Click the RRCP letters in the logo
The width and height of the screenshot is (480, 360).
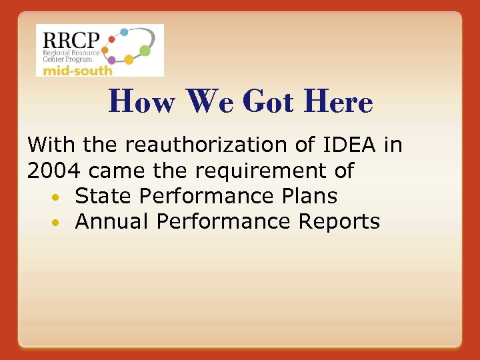pyautogui.click(x=68, y=39)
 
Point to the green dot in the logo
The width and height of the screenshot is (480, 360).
pyautogui.click(x=145, y=50)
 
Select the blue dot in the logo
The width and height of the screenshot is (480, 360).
pyautogui.click(x=124, y=31)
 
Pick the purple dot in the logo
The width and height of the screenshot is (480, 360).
pyautogui.click(x=111, y=60)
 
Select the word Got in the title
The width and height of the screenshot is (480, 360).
pyautogui.click(x=268, y=102)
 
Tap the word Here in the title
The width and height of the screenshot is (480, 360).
pyautogui.click(x=337, y=102)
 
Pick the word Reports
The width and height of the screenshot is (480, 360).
pyautogui.click(x=339, y=222)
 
